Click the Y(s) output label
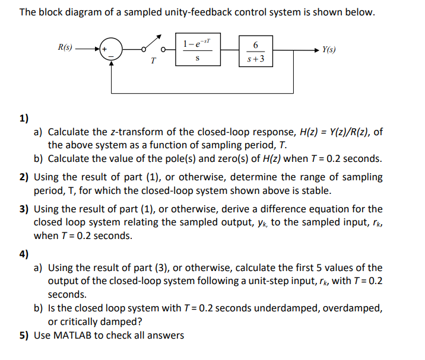pyautogui.click(x=329, y=49)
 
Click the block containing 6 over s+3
pyautogui.click(x=256, y=51)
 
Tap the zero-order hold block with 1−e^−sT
pyautogui.click(x=196, y=50)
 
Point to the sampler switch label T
pyautogui.click(x=153, y=60)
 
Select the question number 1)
pyautogui.click(x=24, y=118)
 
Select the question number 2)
pyautogui.click(x=25, y=177)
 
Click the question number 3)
pyautogui.click(x=25, y=209)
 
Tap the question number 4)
pyautogui.click(x=24, y=254)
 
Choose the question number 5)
pyautogui.click(x=25, y=335)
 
